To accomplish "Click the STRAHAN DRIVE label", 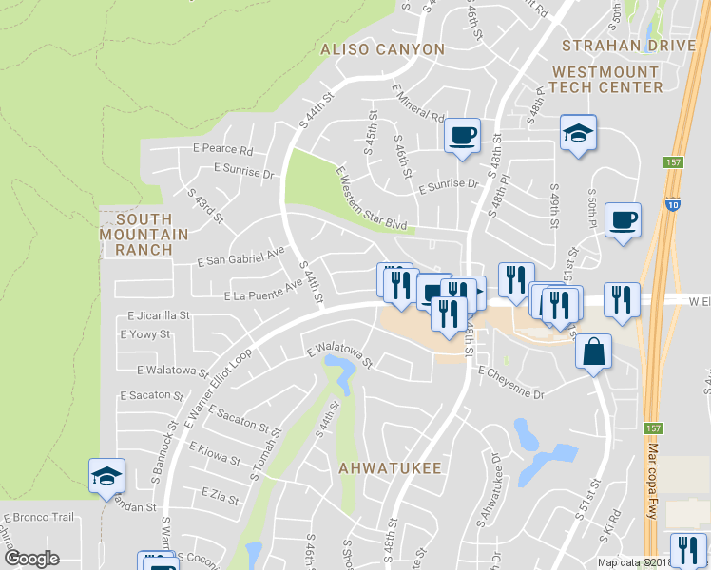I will point(628,46).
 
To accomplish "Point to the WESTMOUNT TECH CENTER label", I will point(620,79).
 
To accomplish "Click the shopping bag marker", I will point(593,351).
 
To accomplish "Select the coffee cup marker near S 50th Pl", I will point(623,220).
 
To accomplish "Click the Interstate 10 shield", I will point(673,203).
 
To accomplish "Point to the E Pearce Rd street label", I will point(221,150).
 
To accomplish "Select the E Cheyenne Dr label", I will point(510,380).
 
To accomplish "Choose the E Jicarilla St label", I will point(159,314).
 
